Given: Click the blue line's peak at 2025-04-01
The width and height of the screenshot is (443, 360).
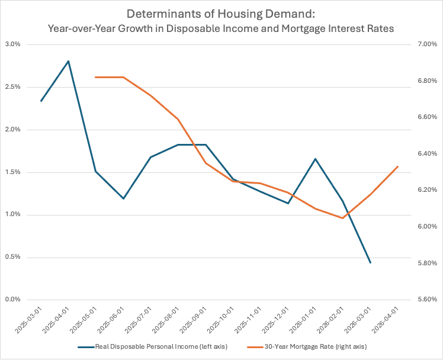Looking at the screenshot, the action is click(68, 61).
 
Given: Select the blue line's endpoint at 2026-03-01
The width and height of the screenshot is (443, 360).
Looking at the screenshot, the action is click(370, 262).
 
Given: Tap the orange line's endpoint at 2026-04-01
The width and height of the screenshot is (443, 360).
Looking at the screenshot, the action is click(398, 166).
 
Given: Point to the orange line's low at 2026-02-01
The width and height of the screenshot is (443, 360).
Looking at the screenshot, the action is click(343, 218).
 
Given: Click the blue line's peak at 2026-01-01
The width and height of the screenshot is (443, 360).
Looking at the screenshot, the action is click(315, 159).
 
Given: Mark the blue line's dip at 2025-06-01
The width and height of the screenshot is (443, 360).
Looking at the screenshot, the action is click(123, 198).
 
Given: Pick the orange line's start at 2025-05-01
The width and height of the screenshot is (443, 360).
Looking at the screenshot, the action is click(96, 77).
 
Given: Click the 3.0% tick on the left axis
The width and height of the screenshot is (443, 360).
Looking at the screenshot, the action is click(12, 44).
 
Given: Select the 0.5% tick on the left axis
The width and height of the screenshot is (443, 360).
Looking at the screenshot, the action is click(12, 257).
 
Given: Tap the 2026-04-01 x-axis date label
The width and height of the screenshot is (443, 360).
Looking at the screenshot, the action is click(387, 320).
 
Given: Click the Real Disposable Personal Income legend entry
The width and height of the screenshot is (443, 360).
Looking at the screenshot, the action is click(153, 346).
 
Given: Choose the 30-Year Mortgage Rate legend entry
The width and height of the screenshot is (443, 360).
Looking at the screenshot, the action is click(307, 346).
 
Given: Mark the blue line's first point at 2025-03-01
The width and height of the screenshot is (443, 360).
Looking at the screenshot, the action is click(41, 101).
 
